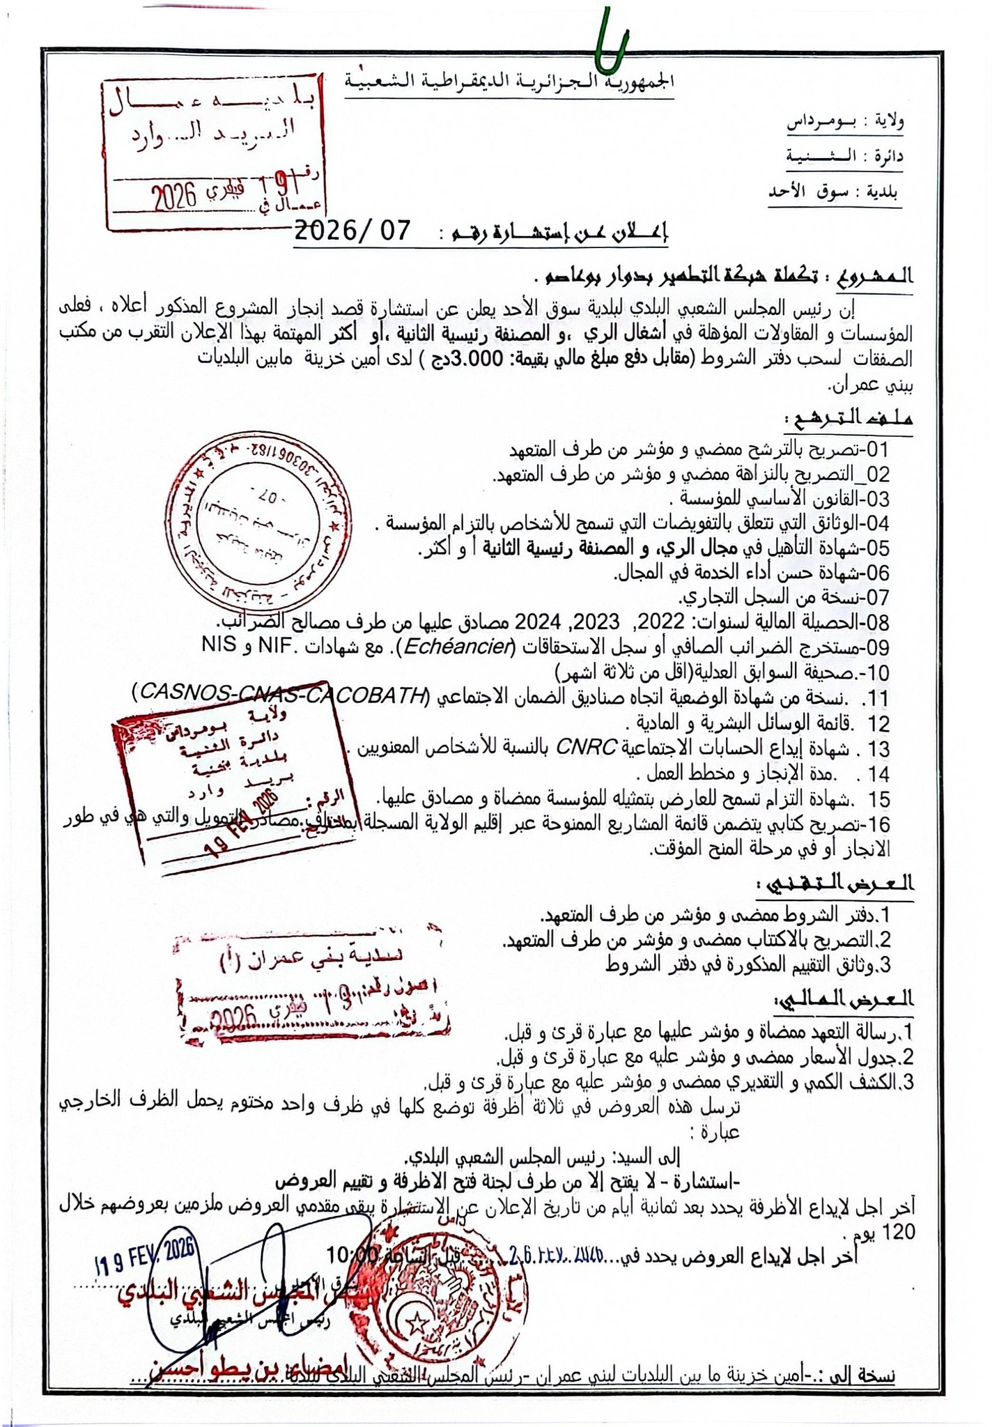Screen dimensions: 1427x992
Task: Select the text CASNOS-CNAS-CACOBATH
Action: point(279,694)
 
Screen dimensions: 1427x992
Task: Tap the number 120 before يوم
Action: point(899,1233)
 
